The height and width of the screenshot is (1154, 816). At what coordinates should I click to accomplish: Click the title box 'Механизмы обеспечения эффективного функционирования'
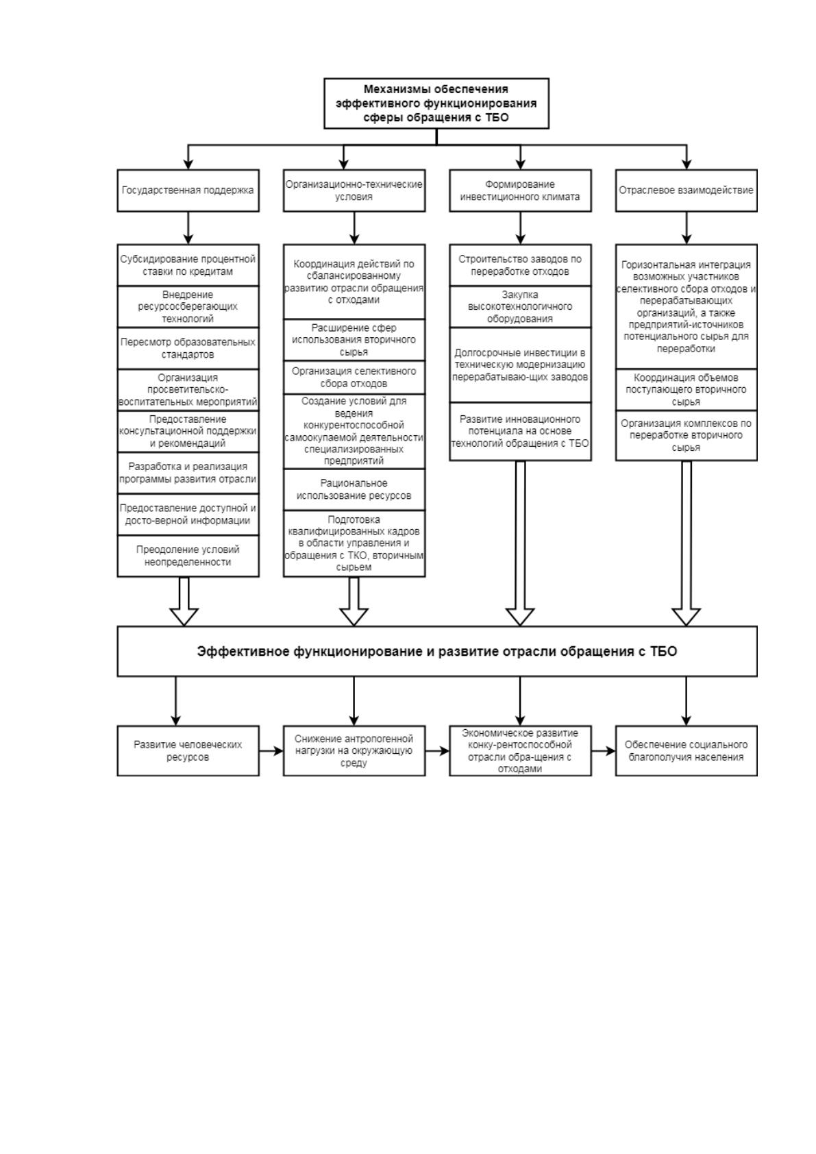[x=436, y=103]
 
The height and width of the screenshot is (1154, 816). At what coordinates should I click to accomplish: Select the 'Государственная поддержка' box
[x=188, y=190]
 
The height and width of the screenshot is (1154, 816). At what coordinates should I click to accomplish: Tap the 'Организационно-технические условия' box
[x=354, y=190]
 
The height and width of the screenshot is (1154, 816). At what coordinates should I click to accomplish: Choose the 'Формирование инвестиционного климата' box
[x=520, y=190]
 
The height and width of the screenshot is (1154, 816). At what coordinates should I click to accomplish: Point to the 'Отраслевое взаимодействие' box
[x=687, y=190]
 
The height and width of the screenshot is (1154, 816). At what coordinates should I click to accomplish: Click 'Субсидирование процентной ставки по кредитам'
[x=188, y=265]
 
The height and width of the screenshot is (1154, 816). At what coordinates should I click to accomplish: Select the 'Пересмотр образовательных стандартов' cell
[x=188, y=348]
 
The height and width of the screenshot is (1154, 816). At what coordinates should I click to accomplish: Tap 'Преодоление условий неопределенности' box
[x=188, y=556]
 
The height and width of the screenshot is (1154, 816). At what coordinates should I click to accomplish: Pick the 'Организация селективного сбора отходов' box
[x=354, y=378]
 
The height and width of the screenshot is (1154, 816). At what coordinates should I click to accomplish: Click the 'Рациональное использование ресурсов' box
[x=354, y=489]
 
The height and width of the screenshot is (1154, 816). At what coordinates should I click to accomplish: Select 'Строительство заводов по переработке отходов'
[x=520, y=265]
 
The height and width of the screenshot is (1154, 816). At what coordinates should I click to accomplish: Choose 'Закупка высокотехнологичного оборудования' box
[x=520, y=306]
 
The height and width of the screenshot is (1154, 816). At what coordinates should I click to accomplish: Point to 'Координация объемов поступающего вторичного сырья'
[x=687, y=389]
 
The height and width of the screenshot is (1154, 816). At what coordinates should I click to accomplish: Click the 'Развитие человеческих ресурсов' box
[x=188, y=750]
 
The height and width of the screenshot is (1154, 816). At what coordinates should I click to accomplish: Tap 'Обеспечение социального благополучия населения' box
[x=687, y=750]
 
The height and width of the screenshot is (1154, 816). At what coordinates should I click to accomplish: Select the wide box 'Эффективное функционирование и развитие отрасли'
[x=437, y=651]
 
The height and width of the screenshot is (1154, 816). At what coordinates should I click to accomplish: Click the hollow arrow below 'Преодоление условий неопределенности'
[x=184, y=601]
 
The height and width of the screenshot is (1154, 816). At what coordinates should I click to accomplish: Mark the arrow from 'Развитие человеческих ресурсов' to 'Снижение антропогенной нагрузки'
[x=271, y=751]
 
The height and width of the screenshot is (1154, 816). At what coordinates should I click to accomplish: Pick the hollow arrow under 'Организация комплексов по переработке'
[x=687, y=543]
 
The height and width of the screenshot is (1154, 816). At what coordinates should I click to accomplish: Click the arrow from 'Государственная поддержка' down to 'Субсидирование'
[x=188, y=228]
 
